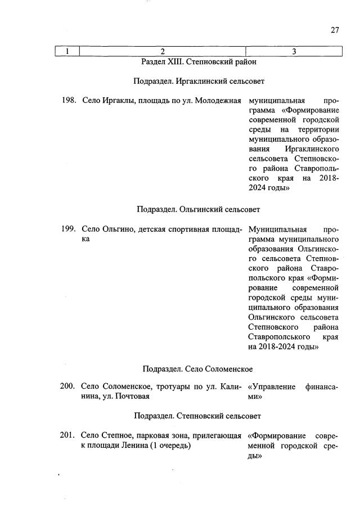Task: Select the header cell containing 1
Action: click(x=67, y=52)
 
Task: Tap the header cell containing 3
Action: click(x=294, y=52)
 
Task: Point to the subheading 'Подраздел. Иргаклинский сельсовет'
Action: click(x=199, y=82)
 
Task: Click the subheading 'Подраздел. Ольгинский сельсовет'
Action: click(x=199, y=210)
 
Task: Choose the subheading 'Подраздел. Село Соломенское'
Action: click(x=197, y=369)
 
